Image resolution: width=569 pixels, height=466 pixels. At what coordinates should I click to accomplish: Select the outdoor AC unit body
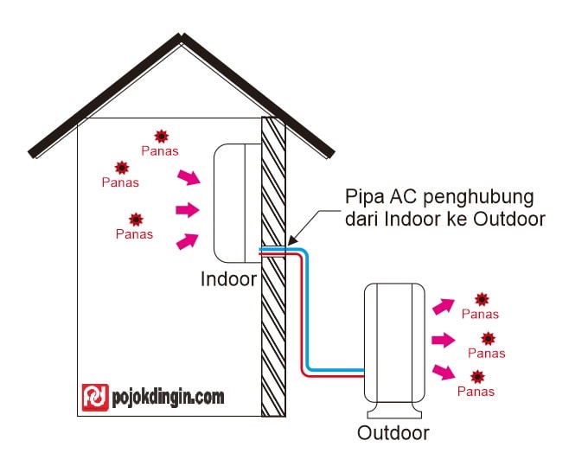click(393, 337)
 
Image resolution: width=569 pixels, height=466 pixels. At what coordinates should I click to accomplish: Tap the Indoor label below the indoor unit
click(228, 279)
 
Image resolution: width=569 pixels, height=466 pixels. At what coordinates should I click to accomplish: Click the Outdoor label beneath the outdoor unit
click(393, 431)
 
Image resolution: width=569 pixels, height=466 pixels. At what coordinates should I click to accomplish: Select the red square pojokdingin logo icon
click(94, 397)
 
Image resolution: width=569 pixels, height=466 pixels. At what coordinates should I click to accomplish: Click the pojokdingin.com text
click(168, 397)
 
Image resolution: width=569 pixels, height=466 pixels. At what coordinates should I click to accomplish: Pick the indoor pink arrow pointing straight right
click(187, 209)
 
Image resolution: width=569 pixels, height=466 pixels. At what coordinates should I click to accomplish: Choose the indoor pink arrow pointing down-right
click(188, 177)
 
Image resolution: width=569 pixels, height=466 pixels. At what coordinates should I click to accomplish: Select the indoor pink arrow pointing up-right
click(187, 241)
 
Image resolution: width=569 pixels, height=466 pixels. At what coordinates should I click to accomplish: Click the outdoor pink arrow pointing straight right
click(442, 340)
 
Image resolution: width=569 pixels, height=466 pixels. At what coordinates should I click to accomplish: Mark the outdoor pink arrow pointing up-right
click(443, 305)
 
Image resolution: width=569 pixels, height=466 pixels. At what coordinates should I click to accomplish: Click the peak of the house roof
click(180, 35)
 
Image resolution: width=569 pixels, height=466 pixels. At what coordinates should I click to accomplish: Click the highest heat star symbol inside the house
click(161, 136)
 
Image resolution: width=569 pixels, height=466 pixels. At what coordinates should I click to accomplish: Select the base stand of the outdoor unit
click(393, 406)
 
